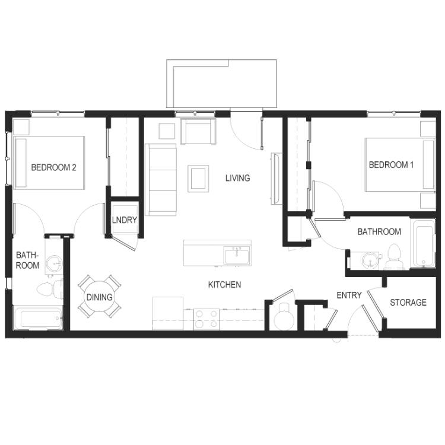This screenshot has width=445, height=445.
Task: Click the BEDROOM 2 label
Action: coord(53,167)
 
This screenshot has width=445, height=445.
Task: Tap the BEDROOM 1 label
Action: coord(391,164)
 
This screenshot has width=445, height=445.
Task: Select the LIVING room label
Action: coord(238,178)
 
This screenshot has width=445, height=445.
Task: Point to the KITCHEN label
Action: coord(224,285)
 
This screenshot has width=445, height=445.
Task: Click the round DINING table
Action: coord(99,297)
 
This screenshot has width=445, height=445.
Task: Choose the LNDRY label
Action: coord(125,220)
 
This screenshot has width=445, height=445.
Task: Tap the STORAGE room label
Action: coord(408,303)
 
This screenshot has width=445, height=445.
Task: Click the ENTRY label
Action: coord(349,295)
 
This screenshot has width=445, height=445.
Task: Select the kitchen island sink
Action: coord(236,255)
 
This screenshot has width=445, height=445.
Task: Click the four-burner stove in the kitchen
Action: coord(206,319)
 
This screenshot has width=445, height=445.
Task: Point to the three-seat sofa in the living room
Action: coord(161,180)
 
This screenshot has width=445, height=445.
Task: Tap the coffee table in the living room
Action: coord(198,179)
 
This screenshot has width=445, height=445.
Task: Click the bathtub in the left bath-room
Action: coord(38,318)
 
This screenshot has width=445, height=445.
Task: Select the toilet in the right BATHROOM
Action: coord(394,256)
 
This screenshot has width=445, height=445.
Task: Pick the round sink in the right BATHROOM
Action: coord(370,260)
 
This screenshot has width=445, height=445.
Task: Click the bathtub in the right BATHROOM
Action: coord(423,243)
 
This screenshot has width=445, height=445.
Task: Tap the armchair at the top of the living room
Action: coord(198,131)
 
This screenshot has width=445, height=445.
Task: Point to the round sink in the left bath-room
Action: coord(53,263)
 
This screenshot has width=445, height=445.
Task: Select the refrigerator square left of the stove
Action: coord(167,313)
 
